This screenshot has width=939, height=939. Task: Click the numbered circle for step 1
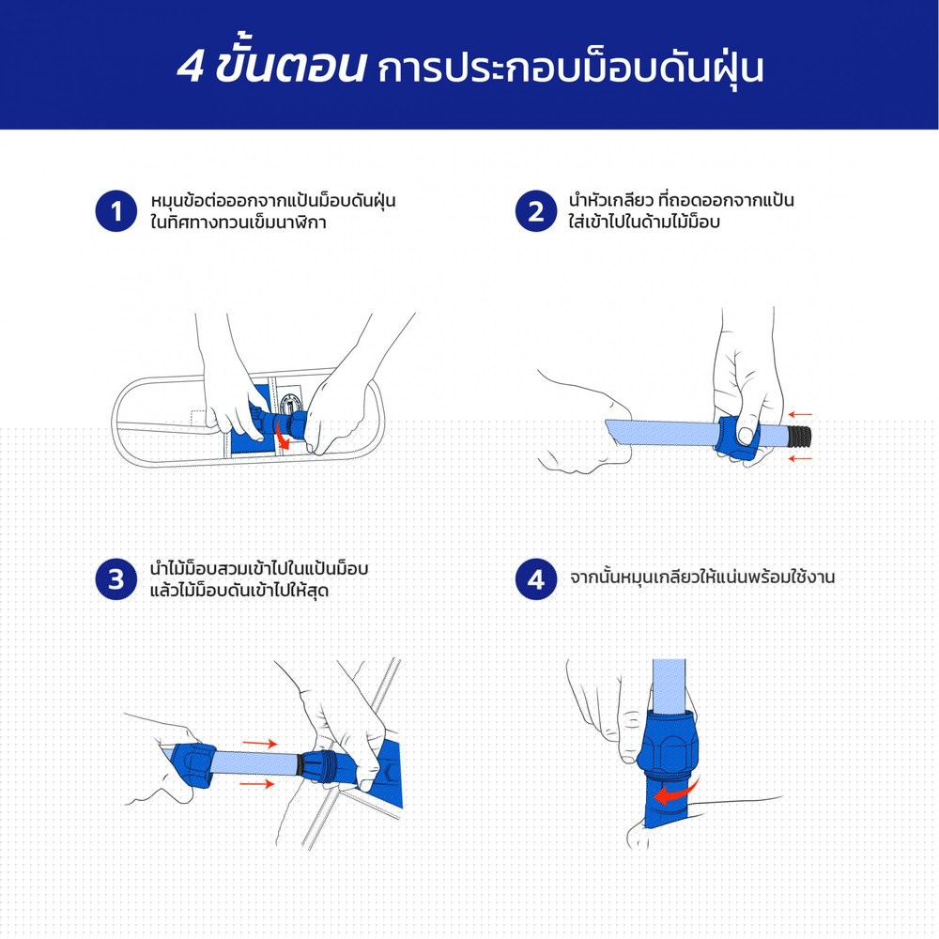point(116,211)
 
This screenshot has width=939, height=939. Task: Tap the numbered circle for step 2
point(536,211)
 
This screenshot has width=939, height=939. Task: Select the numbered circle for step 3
point(116,579)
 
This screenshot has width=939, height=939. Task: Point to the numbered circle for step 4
point(536,579)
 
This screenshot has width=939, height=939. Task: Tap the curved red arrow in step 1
point(283,438)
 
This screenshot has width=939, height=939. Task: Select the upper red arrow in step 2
point(799,414)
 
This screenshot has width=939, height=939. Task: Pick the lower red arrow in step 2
point(799,459)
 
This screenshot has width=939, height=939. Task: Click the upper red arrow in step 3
point(259,744)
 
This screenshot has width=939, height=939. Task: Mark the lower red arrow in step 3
point(257,783)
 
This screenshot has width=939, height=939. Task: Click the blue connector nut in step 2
point(738,438)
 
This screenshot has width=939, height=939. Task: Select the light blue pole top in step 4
point(669,685)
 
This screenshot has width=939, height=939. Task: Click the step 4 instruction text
point(701,578)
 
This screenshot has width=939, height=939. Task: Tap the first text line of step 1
point(273,201)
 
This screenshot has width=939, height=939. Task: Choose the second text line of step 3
point(239,592)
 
